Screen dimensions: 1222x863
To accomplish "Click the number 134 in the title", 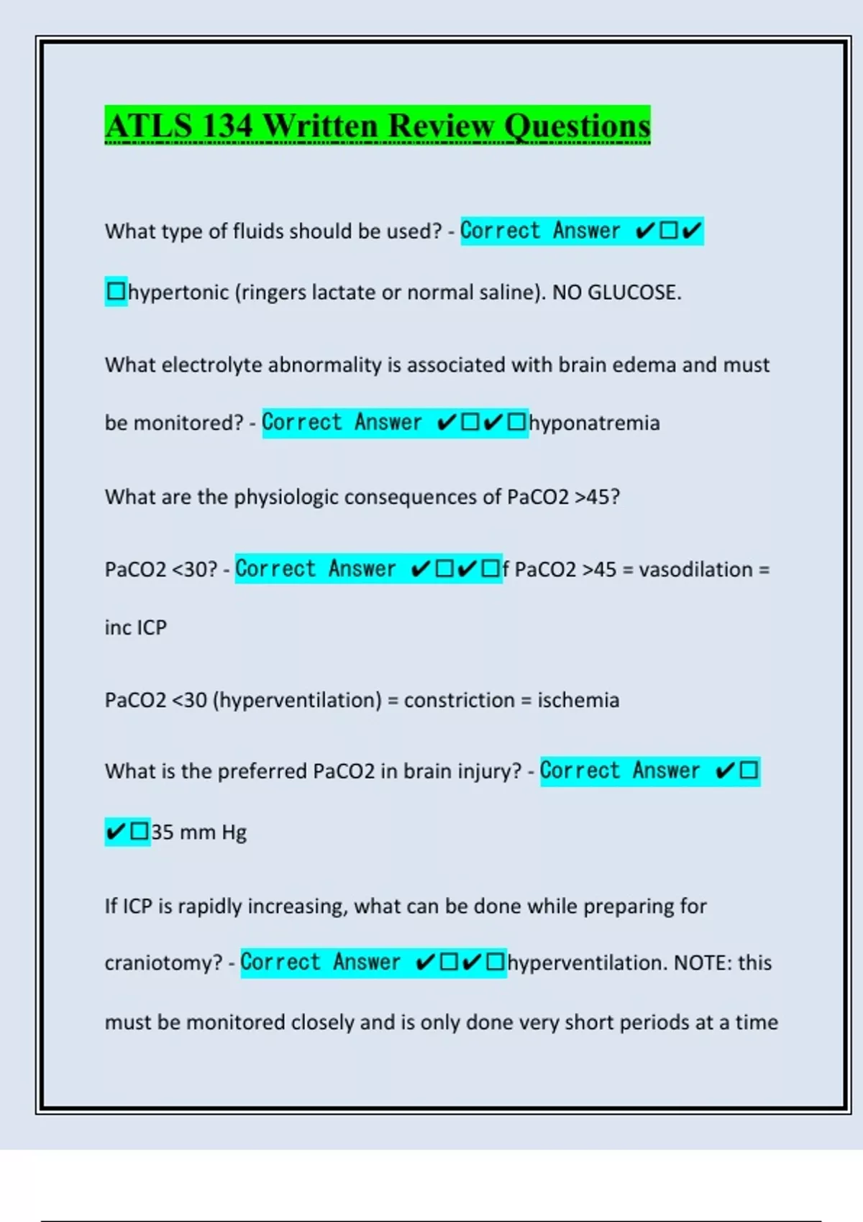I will pyautogui.click(x=227, y=126).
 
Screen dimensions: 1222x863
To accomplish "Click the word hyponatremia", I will pyautogui.click(x=594, y=423).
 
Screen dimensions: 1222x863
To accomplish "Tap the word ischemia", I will pyautogui.click(x=578, y=700).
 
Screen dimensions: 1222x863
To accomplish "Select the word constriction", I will pyautogui.click(x=459, y=700).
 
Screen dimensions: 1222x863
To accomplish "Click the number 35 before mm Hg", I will pyautogui.click(x=163, y=832).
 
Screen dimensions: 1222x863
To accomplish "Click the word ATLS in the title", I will pyautogui.click(x=149, y=126).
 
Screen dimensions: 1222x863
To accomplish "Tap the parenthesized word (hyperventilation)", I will pyautogui.click(x=297, y=700).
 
